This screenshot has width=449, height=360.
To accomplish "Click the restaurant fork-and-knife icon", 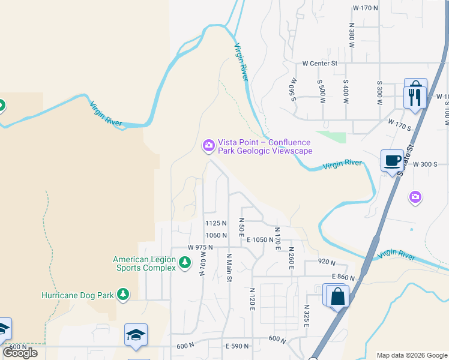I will pyautogui.click(x=415, y=96).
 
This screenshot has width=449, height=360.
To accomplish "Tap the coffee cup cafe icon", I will pyautogui.click(x=392, y=160).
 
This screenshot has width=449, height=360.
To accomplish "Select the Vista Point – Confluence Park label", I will pyautogui.click(x=265, y=146).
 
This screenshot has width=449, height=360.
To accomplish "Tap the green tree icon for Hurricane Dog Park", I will pyautogui.click(x=123, y=294).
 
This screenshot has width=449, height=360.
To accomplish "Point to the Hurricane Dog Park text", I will pyautogui.click(x=77, y=295).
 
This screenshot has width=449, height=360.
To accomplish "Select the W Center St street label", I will pyautogui.click(x=320, y=62).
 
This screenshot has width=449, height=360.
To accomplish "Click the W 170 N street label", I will pyautogui.click(x=366, y=8).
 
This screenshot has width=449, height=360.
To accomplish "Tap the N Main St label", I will pyautogui.click(x=229, y=267).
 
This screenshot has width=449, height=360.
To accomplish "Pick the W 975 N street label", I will pyautogui.click(x=200, y=247).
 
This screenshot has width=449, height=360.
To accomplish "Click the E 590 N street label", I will pyautogui.click(x=237, y=346).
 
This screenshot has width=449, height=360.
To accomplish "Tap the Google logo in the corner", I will pyautogui.click(x=20, y=353).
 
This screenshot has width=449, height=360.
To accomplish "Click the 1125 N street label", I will pyautogui.click(x=216, y=223).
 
